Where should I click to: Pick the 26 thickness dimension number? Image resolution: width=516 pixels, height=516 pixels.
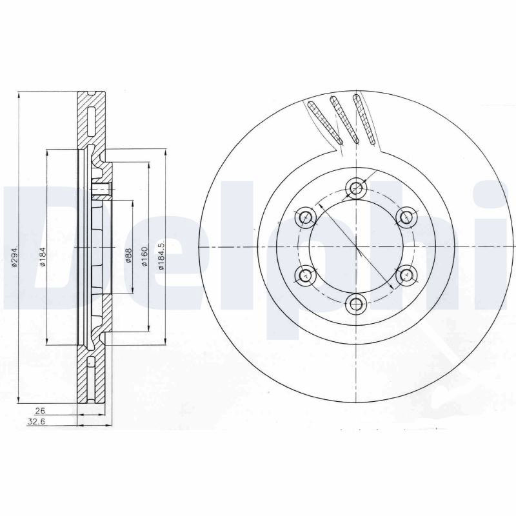(x=40, y=411)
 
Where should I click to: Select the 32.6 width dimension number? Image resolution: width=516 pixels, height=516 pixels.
(x=36, y=422)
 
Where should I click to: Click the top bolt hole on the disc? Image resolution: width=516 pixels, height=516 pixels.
(x=357, y=188)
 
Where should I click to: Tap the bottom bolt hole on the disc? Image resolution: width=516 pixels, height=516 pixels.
(x=357, y=303)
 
